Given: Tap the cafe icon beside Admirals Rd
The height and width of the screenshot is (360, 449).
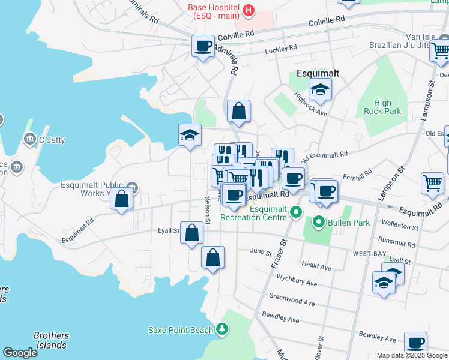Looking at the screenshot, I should pos(203,46).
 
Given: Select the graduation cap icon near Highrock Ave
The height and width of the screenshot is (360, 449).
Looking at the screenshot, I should pos(320,89).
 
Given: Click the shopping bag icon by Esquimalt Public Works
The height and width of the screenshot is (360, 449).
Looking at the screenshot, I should pos(121,200).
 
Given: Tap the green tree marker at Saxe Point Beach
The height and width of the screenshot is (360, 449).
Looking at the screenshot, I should pos(223,329).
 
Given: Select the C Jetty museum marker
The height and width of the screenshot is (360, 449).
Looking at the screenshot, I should pos(29,140).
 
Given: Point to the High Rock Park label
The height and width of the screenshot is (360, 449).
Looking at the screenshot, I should pos(382,107).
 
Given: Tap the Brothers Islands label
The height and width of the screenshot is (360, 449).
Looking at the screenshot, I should pos(51,340).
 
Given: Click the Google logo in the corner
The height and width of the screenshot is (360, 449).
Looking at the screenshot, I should pos(20,353).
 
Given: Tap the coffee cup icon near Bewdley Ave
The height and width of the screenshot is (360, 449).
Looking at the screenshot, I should pos(415,343).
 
